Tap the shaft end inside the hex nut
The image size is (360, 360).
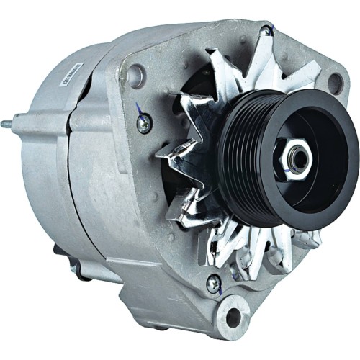(x=294, y=158)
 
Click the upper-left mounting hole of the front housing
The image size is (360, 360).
(x=135, y=75)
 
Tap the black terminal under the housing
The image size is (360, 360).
(x=59, y=252)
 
